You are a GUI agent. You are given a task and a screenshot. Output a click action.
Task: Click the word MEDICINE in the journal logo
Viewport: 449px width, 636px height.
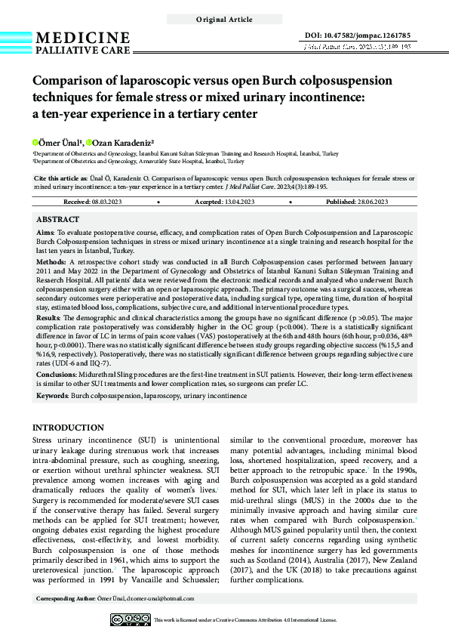82,39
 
